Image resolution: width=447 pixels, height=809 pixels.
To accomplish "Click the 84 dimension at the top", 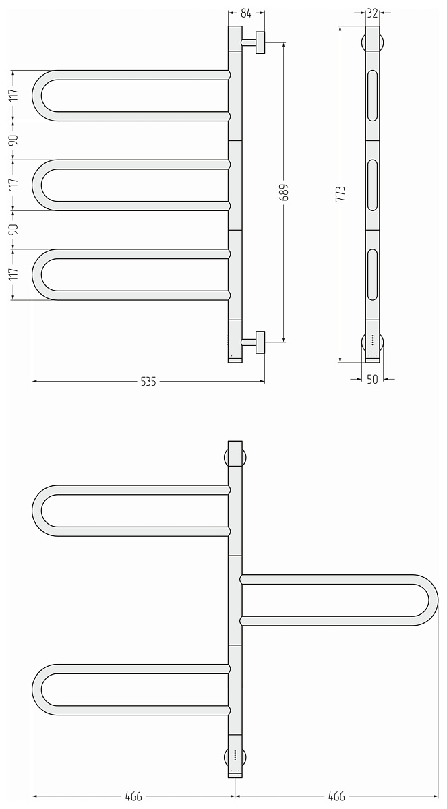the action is tap(246, 13).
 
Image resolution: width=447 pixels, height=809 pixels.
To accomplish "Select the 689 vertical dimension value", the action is tap(285, 192).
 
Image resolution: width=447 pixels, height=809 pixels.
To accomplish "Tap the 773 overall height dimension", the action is tap(340, 194).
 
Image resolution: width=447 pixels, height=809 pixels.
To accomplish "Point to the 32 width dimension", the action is tap(372, 13).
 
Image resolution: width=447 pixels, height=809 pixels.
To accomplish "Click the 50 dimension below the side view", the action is tap(372, 379).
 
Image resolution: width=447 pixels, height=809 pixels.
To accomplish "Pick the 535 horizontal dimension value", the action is tap(148, 382).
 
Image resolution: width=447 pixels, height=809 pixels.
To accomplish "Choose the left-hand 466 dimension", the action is tap(133, 796).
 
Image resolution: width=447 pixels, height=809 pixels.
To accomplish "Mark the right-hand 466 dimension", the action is tap(336, 796).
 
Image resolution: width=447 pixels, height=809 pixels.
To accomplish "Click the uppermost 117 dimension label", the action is tap(13, 95).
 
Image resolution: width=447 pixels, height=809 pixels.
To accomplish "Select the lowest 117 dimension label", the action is tap(13, 274).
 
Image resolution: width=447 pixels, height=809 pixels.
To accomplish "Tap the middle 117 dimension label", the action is tap(13, 185).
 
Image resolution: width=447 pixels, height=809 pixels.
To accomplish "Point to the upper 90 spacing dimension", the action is tap(13, 140).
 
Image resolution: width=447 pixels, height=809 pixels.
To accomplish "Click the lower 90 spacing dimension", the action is tap(13, 229).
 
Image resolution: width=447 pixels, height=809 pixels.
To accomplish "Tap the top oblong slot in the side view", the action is tap(372, 96).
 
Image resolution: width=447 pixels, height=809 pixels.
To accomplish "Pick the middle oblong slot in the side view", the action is tap(372, 185).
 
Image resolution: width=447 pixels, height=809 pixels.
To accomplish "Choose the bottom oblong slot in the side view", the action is tap(372, 275).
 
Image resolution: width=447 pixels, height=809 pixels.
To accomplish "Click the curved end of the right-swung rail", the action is tap(434, 600).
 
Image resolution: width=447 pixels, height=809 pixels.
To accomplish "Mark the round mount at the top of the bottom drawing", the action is tap(235, 458).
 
